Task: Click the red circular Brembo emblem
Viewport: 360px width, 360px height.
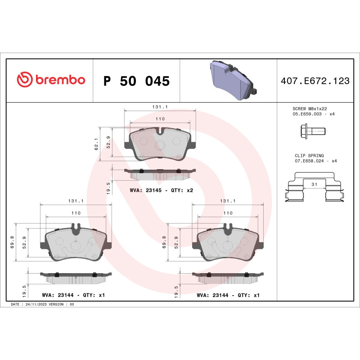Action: tap(25, 80)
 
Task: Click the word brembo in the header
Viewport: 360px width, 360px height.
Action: tap(60, 80)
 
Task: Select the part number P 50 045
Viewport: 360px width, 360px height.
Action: tap(136, 81)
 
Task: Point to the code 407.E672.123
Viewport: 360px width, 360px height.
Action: tap(315, 81)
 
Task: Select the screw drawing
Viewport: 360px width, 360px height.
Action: tap(311, 131)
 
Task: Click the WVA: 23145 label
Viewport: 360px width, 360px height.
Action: tap(145, 190)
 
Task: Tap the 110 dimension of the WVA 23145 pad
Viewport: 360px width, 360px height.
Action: tap(160, 119)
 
